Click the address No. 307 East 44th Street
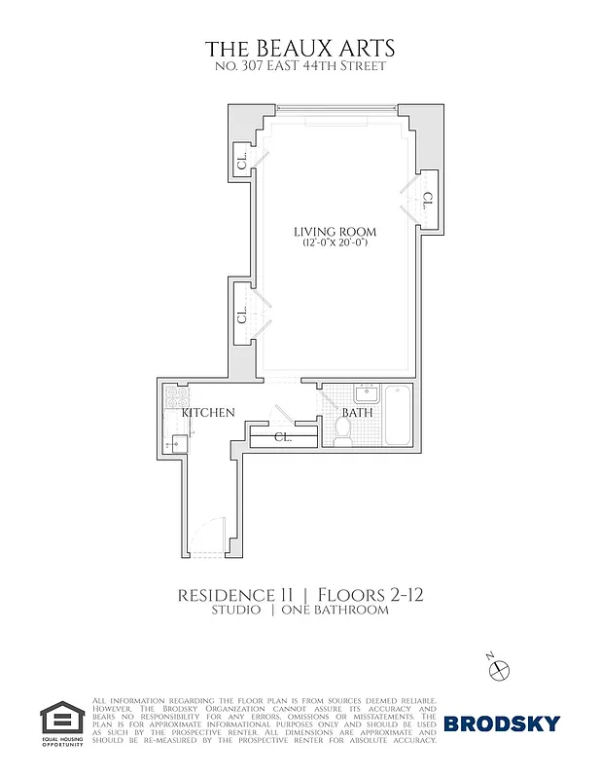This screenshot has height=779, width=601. (x=300, y=66)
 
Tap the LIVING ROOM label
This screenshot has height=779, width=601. (x=335, y=232)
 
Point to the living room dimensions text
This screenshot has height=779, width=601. (x=335, y=243)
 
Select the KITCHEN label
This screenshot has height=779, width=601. (x=209, y=413)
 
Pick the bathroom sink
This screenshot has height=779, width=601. (x=366, y=393)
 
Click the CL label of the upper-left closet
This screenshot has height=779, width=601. (x=241, y=158)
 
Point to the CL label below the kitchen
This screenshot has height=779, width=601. (x=283, y=437)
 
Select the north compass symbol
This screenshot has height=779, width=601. (x=499, y=668)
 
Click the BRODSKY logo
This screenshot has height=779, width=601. (x=502, y=723)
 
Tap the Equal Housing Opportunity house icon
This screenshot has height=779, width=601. (x=62, y=720)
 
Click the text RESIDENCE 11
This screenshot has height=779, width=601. (x=237, y=594)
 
